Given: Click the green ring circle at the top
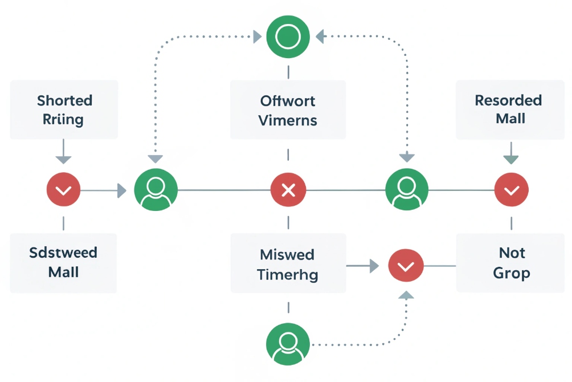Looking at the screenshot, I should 288,37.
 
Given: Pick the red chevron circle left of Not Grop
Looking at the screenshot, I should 406,266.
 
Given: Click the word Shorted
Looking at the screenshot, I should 64,101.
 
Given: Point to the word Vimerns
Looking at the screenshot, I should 288,120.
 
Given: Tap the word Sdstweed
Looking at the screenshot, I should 63,253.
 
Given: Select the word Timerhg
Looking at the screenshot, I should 288,274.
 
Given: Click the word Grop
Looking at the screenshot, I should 511,273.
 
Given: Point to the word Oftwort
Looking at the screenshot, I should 288,101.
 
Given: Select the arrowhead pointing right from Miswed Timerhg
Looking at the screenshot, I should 373,266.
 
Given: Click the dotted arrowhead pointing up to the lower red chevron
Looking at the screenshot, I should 406,295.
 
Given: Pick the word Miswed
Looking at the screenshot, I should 288,254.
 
